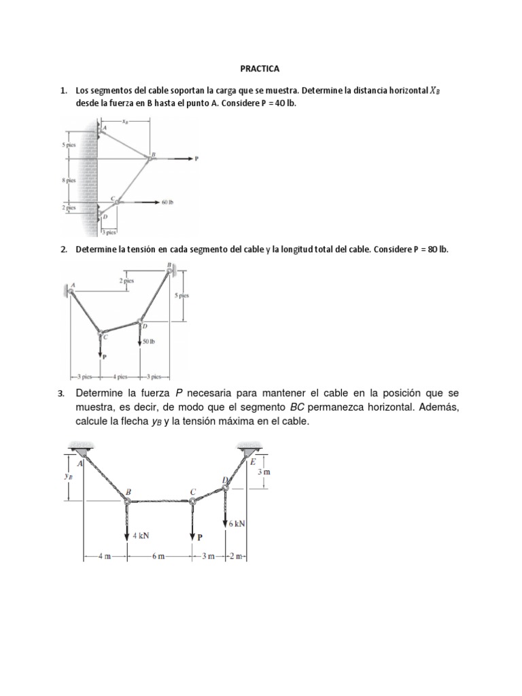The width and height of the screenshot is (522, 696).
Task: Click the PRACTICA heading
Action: [260, 69]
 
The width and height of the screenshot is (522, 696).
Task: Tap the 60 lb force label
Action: [169, 203]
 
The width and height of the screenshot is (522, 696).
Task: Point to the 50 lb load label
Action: [151, 341]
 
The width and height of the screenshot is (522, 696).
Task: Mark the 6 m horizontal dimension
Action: [158, 557]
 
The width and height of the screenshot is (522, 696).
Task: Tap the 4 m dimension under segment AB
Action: [104, 557]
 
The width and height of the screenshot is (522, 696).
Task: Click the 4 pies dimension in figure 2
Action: [120, 376]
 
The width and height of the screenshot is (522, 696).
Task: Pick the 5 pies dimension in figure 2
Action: [181, 296]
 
